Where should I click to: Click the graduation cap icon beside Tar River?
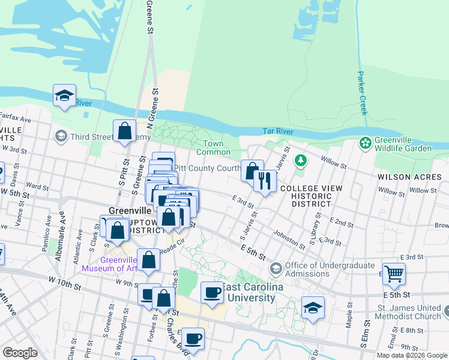coord(64,95)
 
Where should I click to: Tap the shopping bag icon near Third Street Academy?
coord(124,131)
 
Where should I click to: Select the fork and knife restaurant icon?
coord(265,180)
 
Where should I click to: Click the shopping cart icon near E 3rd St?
coord(394,274)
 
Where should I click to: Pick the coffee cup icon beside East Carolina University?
coord(211,293)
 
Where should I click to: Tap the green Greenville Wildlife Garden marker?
coord(364,143)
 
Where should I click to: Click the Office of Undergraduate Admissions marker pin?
coord(276,267)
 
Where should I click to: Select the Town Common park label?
coord(213,148)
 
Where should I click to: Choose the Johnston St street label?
coord(289,239)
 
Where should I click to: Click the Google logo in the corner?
coord(20,353)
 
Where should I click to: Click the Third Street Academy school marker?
coord(61,137)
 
